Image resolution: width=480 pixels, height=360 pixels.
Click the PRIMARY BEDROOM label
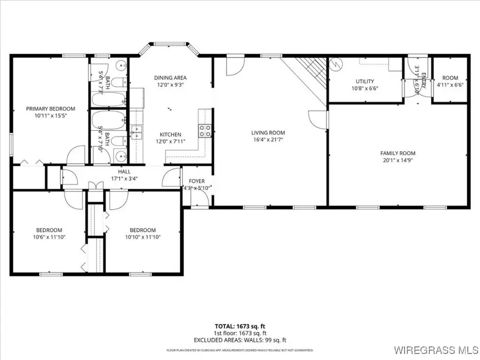click(x=51, y=109)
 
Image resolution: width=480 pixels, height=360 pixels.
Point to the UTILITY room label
click(x=365, y=82)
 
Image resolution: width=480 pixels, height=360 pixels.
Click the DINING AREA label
click(x=171, y=77)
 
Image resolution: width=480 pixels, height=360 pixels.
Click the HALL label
click(x=125, y=171)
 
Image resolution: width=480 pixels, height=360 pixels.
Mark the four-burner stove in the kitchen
click(x=205, y=131)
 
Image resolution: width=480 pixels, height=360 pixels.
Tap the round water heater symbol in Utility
click(x=335, y=63)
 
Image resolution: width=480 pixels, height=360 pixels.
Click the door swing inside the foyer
click(x=199, y=197)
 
